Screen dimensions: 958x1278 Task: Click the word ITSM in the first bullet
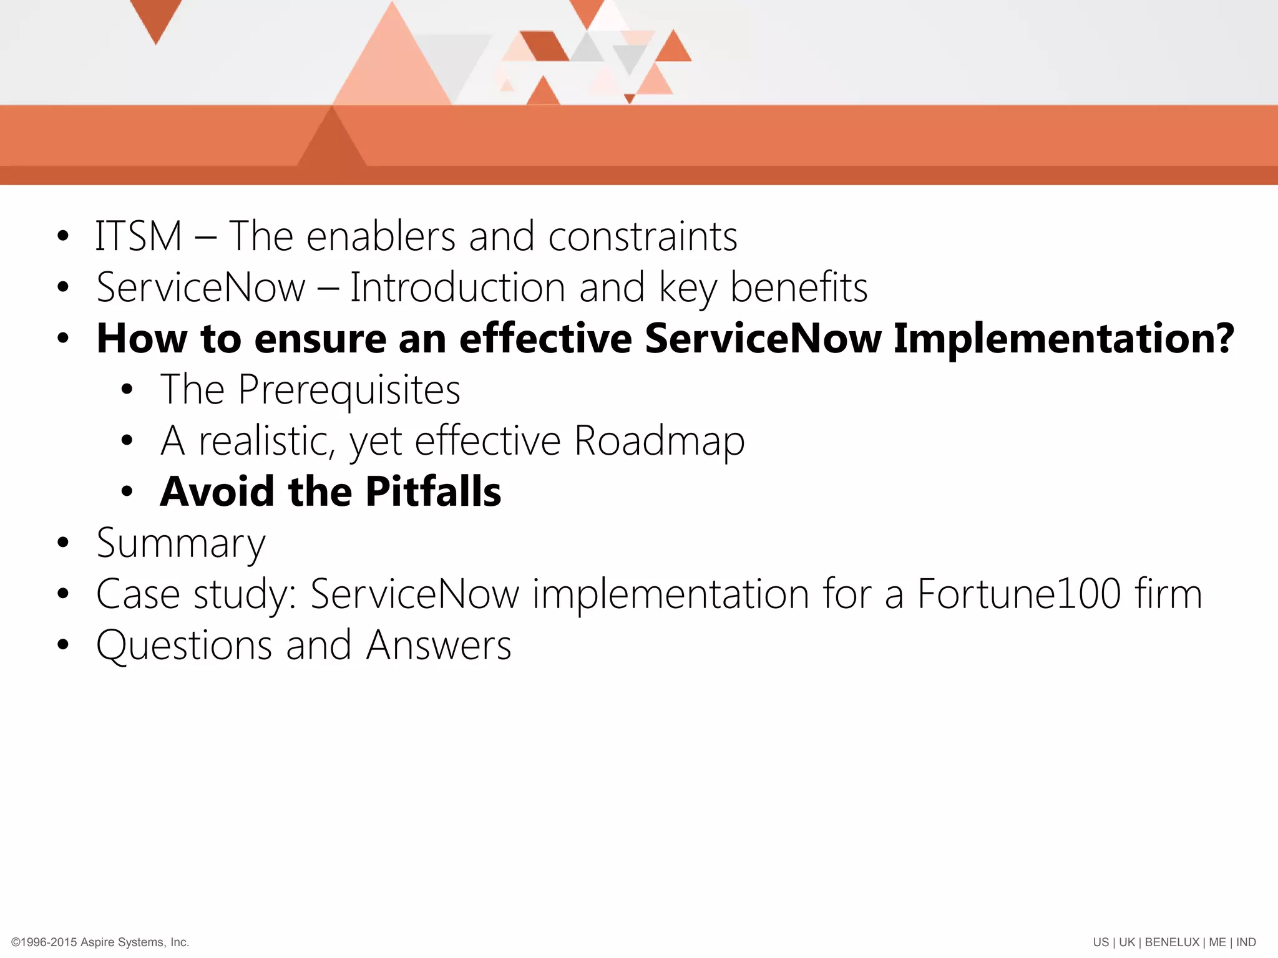coord(139,236)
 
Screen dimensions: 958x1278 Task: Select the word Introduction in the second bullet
coord(457,288)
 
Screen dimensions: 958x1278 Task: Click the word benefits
coord(799,288)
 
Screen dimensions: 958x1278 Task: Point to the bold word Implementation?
coord(1063,339)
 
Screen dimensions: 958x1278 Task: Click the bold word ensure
coord(320,339)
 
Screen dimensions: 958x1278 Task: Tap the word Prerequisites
coord(349,390)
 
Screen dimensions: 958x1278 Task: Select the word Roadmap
coord(659,441)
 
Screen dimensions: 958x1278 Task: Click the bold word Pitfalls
coord(433,491)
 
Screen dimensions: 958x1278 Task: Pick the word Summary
coord(181,543)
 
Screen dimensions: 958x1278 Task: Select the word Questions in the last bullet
coord(184,645)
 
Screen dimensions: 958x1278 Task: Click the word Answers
coord(439,645)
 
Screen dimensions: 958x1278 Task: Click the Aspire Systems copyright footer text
coord(100,942)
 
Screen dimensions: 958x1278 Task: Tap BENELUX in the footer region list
coord(1171,942)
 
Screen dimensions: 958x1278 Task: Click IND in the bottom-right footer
coord(1246,942)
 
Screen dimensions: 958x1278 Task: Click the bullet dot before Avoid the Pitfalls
coord(127,491)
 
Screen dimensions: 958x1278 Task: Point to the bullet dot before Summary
coord(62,543)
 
